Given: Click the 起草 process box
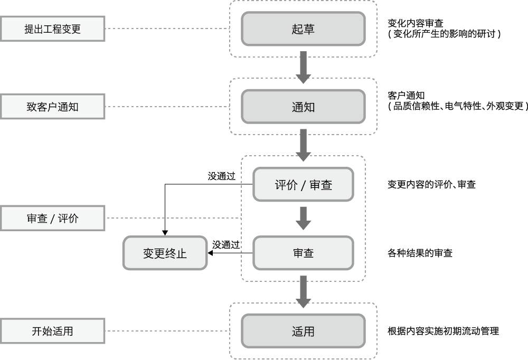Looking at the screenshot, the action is click(x=303, y=29).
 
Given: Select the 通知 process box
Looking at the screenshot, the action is click(x=303, y=107).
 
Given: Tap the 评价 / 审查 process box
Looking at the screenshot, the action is click(x=303, y=185).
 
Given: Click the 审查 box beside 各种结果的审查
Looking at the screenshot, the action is click(x=303, y=253).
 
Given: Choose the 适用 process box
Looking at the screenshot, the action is click(x=303, y=331).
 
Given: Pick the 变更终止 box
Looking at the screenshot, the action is click(x=165, y=253).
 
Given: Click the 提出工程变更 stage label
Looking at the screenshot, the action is click(x=52, y=29).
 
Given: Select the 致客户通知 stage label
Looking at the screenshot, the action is click(x=52, y=107).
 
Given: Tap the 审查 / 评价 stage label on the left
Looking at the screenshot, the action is click(x=52, y=218).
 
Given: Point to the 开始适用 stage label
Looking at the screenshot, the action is click(x=52, y=331).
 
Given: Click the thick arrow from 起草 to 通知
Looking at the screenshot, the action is click(x=303, y=68).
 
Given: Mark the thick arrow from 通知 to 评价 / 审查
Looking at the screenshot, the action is click(x=303, y=145).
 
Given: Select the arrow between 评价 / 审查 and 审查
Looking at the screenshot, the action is click(x=303, y=219).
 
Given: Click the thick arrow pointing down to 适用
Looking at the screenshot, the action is click(x=303, y=291).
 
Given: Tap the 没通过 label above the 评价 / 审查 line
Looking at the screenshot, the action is click(x=221, y=176).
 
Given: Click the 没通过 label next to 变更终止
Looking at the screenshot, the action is click(x=226, y=245).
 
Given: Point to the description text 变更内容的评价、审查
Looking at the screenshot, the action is click(x=431, y=185).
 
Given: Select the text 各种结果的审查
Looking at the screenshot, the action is click(x=420, y=253).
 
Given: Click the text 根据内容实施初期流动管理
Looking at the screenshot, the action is click(x=443, y=331).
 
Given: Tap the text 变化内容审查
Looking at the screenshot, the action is click(x=415, y=23).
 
